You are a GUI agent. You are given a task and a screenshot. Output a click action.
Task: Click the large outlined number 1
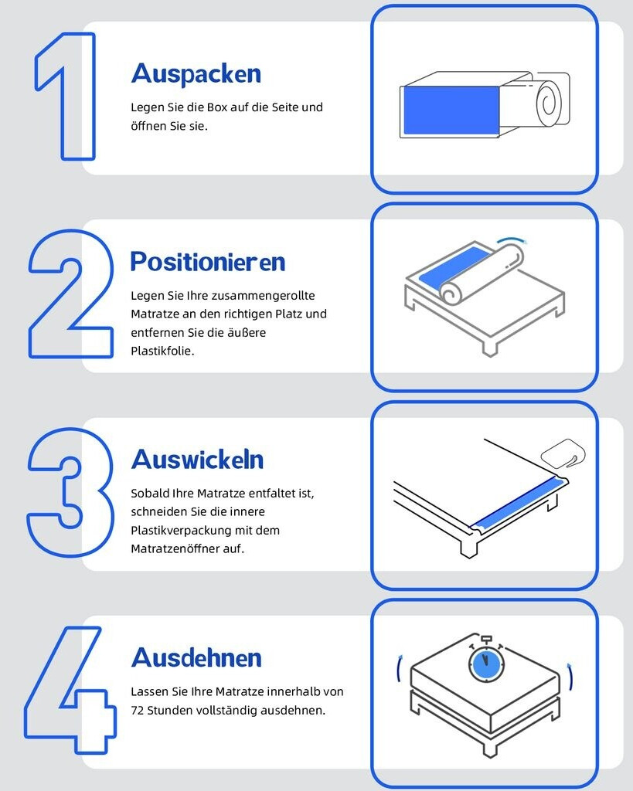coord(79,96)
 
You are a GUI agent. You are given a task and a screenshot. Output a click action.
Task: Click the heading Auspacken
coord(196,74)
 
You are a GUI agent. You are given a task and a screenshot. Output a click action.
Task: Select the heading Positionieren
coord(208,262)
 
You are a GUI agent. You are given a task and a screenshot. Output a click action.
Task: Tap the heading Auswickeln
coord(197,460)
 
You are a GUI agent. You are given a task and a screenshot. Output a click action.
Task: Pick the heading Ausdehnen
coord(196,658)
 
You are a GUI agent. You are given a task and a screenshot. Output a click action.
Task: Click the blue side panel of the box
coord(451,110)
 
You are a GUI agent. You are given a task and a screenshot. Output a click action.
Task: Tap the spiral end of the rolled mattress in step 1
coord(549,103)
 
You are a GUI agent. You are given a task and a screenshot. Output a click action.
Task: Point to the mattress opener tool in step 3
coord(563,452)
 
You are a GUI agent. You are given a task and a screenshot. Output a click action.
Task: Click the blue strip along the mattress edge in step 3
coord(518,504)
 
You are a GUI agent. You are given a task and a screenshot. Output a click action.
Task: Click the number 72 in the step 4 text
coord(138,711)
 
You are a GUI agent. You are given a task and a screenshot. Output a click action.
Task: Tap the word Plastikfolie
coord(162,351)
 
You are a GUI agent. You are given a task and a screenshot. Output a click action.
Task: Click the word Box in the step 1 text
coord(217,107)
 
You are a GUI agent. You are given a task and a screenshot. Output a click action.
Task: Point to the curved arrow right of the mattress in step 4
coord(571,676)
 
